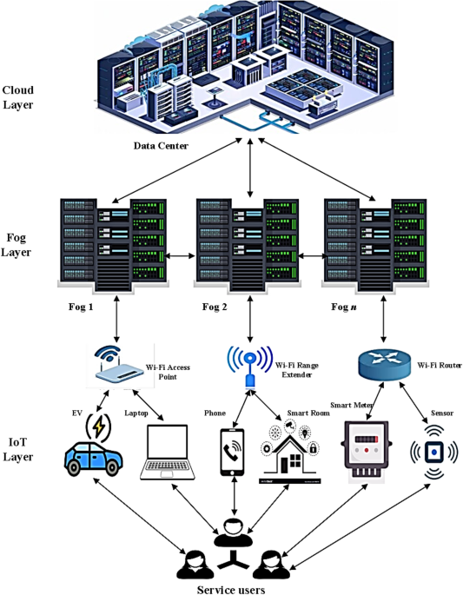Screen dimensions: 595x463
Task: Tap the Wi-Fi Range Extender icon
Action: [x=249, y=365]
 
